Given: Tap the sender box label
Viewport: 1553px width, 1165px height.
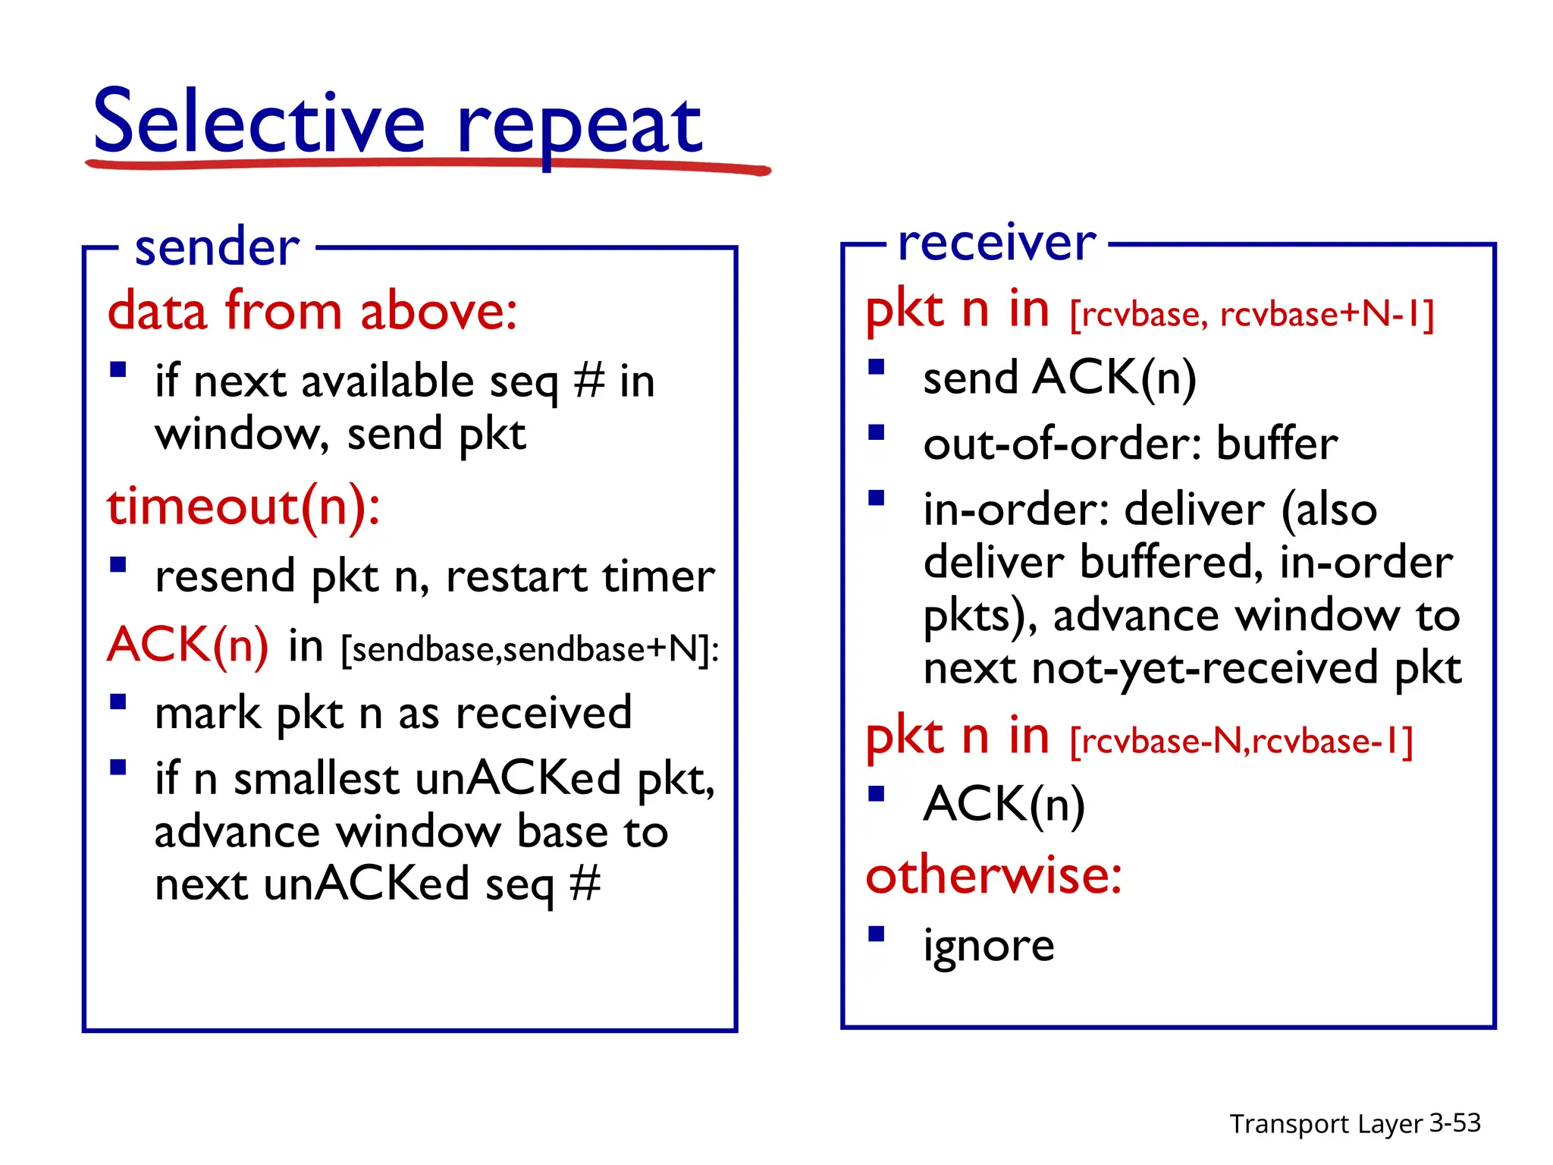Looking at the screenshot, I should (217, 247).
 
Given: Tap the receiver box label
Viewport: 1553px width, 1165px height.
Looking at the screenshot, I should (996, 243).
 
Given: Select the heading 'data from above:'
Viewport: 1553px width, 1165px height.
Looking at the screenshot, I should (312, 311).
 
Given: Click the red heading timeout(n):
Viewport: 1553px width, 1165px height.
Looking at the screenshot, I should (243, 507).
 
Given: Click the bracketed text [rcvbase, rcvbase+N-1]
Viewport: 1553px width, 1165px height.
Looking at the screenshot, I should (1251, 314).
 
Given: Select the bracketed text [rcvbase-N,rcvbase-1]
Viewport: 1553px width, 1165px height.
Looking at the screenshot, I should (1241, 741).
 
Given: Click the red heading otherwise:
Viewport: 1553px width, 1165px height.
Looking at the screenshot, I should (993, 875).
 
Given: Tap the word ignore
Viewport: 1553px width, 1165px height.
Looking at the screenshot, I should (988, 946).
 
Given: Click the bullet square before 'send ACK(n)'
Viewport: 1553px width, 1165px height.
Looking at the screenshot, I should (877, 368).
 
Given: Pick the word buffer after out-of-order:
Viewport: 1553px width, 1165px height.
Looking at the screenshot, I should (1277, 444).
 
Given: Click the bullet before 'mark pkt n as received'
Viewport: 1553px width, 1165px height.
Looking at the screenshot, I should (118, 702).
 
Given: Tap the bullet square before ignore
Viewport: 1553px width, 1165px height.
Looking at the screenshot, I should (877, 934).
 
